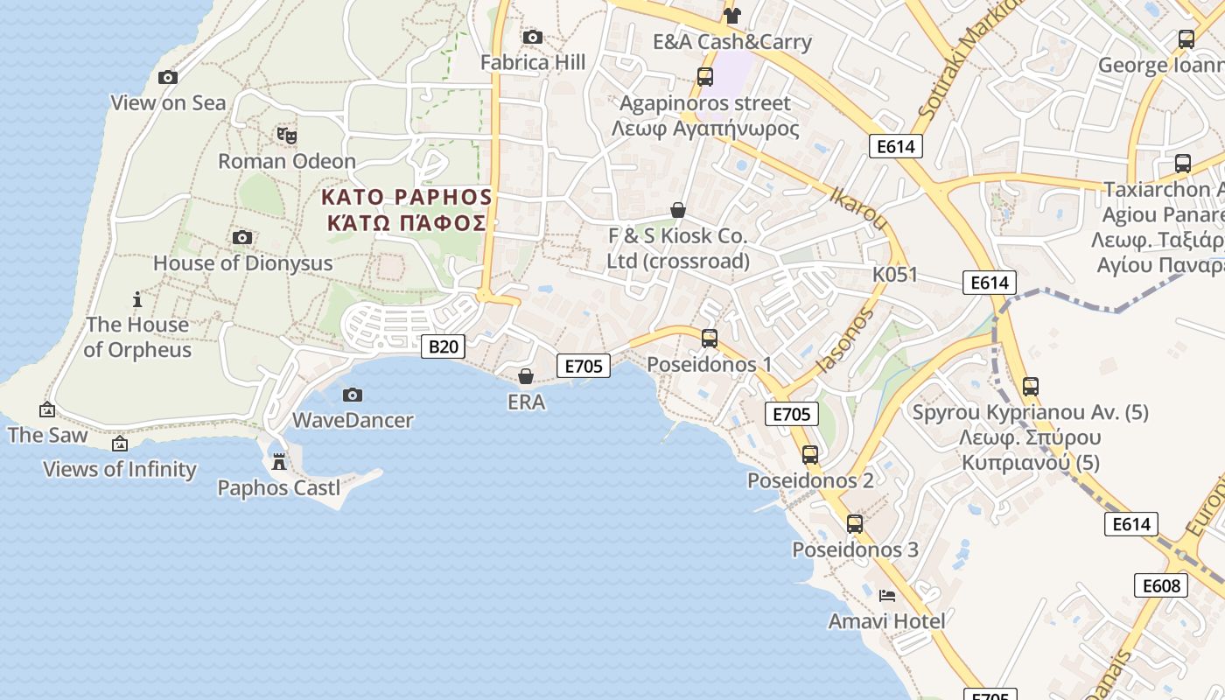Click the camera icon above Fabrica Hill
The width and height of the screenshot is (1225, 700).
532,37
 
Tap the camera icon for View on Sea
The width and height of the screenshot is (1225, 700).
168,77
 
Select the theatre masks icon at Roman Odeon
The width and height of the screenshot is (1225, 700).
287,136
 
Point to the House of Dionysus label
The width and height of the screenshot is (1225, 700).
242,262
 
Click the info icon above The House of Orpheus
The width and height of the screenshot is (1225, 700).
137,299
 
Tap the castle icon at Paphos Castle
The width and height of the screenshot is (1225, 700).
279,461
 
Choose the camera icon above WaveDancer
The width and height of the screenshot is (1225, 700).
353,395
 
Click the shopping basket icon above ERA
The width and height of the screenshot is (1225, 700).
526,376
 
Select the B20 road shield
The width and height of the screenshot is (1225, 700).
443,346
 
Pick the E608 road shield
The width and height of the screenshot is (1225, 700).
1161,585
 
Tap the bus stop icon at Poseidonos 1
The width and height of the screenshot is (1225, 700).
710,338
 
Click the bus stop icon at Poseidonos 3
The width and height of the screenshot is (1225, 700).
855,524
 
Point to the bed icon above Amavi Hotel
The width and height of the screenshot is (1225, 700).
887,596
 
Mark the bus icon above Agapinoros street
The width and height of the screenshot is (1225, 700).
705,77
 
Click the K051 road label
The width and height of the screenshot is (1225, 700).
895,275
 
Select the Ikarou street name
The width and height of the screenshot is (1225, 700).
859,208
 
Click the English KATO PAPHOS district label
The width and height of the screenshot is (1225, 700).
407,196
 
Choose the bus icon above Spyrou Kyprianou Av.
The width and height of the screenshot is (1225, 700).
1031,386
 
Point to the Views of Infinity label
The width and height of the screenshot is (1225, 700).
120,469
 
